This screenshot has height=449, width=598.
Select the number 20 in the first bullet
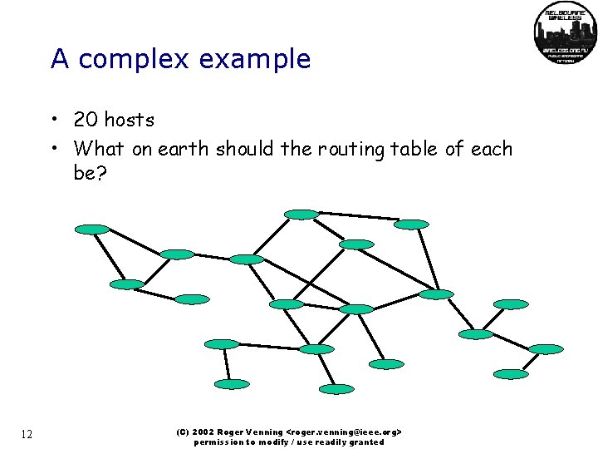85,120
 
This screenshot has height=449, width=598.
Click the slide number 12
27,434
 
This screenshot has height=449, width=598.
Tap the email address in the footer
344,432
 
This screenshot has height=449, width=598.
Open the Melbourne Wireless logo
564,33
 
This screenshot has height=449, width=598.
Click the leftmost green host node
92,229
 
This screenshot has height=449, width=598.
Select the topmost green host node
301,214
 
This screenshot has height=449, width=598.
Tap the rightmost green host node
546,348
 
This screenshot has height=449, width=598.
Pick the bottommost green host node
337,388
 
